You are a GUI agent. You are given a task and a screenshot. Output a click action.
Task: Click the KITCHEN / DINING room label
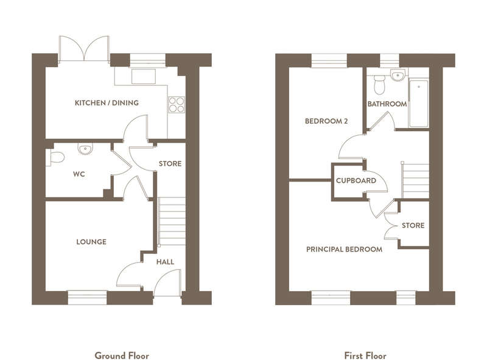107,102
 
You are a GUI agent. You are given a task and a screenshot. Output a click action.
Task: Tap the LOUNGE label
91,242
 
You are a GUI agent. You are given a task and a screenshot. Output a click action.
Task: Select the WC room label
79,174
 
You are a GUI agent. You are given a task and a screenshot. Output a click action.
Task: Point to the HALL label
165,262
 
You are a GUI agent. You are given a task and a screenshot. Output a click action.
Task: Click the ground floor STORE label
170,163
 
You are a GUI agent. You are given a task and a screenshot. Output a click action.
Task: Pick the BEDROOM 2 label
326,121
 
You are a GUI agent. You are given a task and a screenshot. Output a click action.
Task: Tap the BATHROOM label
387,104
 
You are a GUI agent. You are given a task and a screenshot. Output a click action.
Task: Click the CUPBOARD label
356,180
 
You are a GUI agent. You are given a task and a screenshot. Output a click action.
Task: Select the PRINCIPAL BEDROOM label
344,249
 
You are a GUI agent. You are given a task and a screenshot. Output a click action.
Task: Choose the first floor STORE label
413,225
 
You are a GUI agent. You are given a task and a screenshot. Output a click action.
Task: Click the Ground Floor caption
122,355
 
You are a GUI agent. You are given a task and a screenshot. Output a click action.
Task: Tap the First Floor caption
365,355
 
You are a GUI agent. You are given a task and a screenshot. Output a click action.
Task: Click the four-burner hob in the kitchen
176,104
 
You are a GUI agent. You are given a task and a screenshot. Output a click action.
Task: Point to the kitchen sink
144,77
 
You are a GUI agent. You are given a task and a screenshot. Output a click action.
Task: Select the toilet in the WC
55,157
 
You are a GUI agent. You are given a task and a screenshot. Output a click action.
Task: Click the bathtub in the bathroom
419,104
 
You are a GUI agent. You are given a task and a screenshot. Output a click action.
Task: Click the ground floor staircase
172,221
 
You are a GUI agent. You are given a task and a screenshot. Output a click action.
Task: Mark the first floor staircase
416,181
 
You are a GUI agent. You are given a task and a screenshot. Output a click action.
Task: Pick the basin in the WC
85,149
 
